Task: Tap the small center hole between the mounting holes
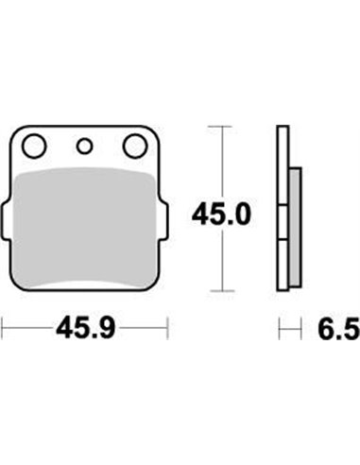85,146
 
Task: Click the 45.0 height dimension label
221,216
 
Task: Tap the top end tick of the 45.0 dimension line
221,126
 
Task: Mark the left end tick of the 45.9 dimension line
4,329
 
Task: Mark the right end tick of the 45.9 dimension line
167,329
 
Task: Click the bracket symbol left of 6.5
284,329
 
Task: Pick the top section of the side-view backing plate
283,161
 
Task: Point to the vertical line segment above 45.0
221,161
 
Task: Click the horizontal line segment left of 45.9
26,329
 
